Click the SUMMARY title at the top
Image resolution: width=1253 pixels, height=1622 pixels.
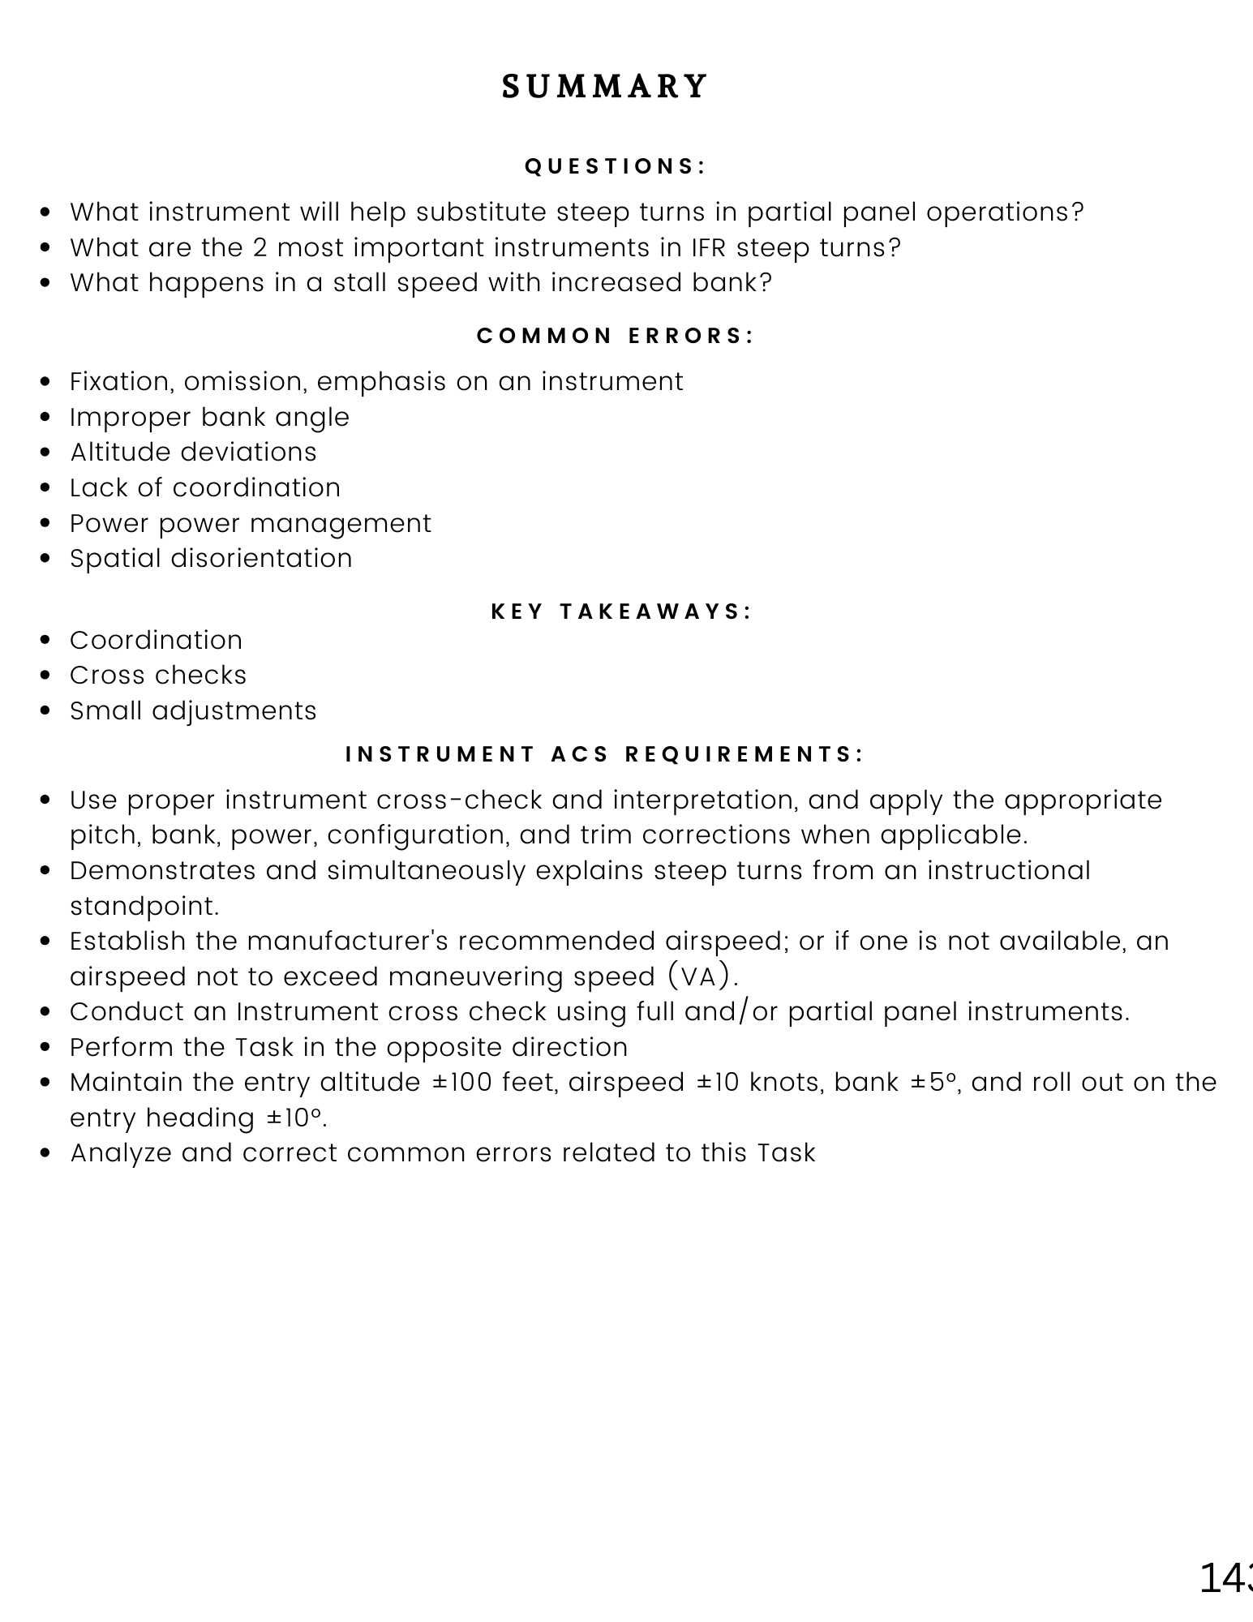click(x=605, y=87)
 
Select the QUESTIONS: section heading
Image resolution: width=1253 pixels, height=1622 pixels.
click(x=616, y=166)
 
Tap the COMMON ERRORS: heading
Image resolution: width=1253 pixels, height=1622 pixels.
click(x=616, y=336)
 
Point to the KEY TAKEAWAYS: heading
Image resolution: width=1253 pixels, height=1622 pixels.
click(x=622, y=611)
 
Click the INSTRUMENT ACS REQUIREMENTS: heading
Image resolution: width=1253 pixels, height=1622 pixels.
click(x=605, y=754)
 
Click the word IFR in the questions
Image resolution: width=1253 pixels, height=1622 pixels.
click(x=709, y=247)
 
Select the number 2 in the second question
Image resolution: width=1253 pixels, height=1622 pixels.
click(x=260, y=247)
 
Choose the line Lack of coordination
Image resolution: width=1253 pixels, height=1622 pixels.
click(x=204, y=488)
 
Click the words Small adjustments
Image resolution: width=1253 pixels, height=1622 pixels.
click(x=193, y=711)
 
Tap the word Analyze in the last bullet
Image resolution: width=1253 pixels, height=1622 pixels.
click(x=121, y=1153)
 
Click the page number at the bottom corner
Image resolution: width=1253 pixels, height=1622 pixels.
click(x=1226, y=1578)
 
